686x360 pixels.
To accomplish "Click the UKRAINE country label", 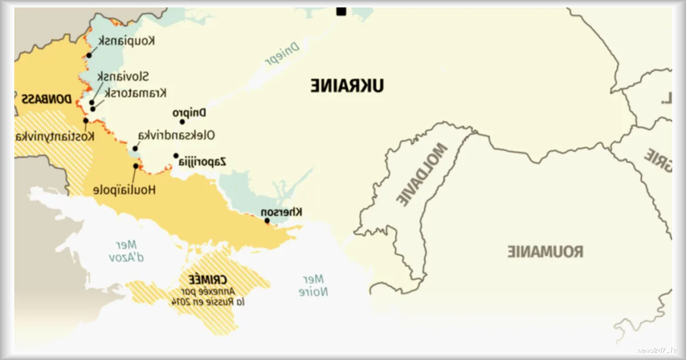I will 347,86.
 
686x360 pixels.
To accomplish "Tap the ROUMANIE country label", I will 545,251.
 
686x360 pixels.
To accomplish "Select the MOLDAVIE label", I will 422,174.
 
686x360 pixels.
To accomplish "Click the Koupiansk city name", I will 126,41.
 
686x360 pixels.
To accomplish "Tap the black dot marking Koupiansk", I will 89,55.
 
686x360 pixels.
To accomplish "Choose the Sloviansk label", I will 123,77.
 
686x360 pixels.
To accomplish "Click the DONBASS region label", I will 46,99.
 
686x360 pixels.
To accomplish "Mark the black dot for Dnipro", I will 182,122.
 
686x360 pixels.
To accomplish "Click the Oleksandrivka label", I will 176,135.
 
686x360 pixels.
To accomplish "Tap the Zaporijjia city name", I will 202,162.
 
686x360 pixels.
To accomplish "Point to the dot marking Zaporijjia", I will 176,155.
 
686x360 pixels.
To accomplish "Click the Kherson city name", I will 282,212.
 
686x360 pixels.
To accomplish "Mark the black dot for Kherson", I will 267,221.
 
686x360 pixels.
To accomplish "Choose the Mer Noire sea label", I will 313,285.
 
